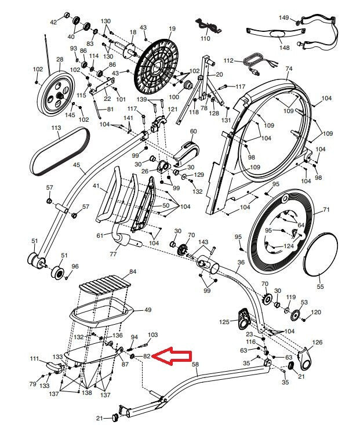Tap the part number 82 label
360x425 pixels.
pyautogui.click(x=147, y=357)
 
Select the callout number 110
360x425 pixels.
pyautogui.click(x=206, y=38)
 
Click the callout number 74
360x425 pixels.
pyautogui.click(x=289, y=69)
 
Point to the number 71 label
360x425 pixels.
pyautogui.click(x=326, y=209)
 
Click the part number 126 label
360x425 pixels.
pyautogui.click(x=317, y=343)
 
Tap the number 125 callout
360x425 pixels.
pyautogui.click(x=224, y=321)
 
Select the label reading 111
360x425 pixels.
pyautogui.click(x=34, y=359)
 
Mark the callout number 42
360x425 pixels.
pyautogui.click(x=53, y=22)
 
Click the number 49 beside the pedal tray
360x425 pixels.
pyautogui.click(x=148, y=310)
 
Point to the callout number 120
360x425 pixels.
pyautogui.click(x=316, y=313)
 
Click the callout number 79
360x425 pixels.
pyautogui.click(x=32, y=384)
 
